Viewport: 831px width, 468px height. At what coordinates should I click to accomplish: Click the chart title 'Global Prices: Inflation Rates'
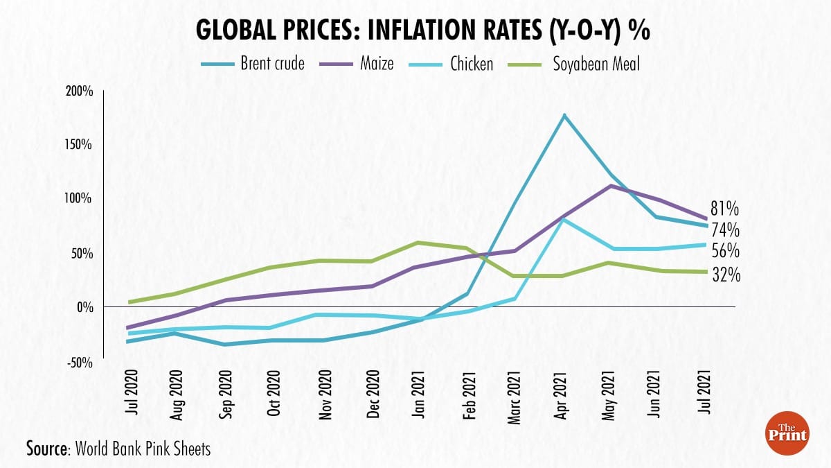click(415, 31)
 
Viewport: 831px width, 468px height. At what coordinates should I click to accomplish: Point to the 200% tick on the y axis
click(79, 91)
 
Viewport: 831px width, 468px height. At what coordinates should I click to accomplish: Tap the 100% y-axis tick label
click(79, 199)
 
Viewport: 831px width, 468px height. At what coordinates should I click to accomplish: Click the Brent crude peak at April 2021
click(564, 115)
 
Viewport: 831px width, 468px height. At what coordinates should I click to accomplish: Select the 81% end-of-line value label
click(725, 209)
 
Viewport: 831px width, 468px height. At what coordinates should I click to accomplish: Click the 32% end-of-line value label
click(725, 275)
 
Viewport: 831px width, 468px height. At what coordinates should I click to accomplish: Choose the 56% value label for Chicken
click(725, 250)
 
